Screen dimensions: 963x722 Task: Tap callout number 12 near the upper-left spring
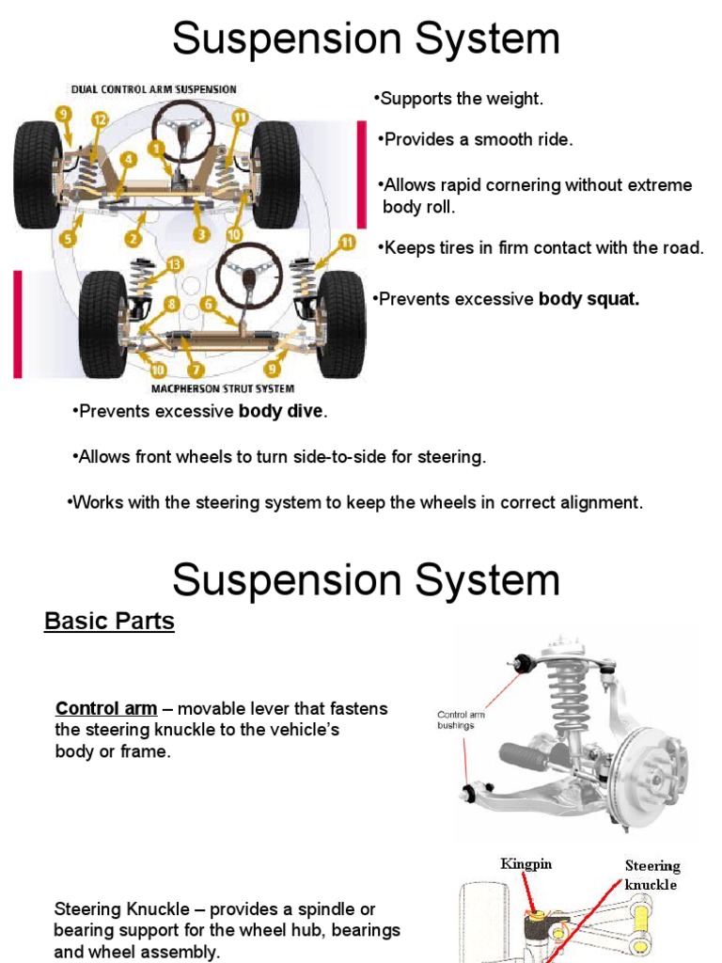99,118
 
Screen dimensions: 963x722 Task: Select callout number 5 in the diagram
67,239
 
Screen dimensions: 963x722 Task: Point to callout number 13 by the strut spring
173,263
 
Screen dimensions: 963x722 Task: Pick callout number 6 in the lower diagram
208,305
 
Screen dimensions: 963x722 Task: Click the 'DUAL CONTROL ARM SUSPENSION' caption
153,89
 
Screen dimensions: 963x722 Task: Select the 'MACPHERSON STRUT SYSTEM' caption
222,388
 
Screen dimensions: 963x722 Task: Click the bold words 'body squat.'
589,299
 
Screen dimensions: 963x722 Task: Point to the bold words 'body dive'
280,411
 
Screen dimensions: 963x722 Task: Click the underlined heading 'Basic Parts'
109,622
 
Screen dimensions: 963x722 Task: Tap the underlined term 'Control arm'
106,708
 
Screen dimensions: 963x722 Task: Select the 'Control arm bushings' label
461,720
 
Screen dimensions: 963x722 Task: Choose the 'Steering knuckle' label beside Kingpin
652,875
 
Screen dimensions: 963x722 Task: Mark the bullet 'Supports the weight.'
459,99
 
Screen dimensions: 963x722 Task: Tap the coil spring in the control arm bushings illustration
568,697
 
